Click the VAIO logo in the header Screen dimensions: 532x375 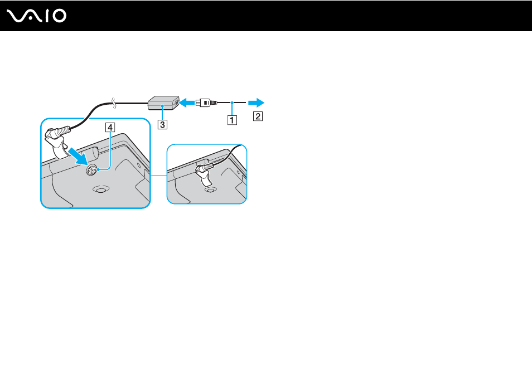[36, 16]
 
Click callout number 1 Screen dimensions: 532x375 [232, 120]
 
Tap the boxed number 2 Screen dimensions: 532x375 [258, 116]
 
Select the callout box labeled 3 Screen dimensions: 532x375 [162, 124]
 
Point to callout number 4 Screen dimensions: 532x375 [110, 128]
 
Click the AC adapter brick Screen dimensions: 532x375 [163, 103]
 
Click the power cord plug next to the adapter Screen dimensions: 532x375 [206, 102]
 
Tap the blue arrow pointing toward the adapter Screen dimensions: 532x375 [187, 102]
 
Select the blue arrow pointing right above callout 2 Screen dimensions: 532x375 [256, 103]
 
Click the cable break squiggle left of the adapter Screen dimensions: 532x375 [114, 103]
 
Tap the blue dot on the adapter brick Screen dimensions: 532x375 [163, 106]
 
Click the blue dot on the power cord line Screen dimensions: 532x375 [232, 103]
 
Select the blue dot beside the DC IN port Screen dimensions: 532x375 [98, 169]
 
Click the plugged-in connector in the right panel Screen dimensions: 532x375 [205, 173]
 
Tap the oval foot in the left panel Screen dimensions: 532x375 [100, 189]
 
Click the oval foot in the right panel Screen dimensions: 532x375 [210, 189]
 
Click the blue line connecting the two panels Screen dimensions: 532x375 [158, 176]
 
